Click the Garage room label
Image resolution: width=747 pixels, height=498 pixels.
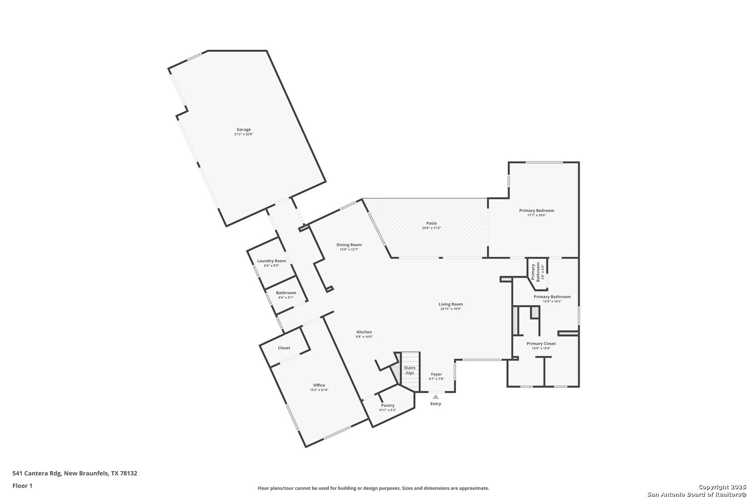click(x=243, y=130)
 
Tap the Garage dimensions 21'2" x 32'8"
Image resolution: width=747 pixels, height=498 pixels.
click(x=243, y=134)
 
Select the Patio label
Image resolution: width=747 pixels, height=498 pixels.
click(x=432, y=223)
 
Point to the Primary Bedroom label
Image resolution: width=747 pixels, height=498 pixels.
click(x=537, y=210)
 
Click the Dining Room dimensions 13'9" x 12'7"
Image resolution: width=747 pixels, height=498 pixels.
click(x=349, y=249)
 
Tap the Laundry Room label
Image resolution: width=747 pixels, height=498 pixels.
click(x=272, y=261)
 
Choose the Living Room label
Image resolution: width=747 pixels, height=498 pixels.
click(x=451, y=304)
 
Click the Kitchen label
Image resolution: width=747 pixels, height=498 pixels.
click(x=364, y=332)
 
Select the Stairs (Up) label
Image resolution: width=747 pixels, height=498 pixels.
click(x=410, y=370)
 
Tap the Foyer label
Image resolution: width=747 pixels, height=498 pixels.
click(x=436, y=374)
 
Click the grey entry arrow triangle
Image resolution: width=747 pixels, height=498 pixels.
click(x=436, y=397)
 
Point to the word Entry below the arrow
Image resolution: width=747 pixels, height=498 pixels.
click(x=436, y=403)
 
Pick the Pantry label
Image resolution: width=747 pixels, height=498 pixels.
click(x=388, y=405)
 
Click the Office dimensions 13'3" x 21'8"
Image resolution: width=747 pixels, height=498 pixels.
click(x=319, y=390)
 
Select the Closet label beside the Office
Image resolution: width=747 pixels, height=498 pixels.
click(x=284, y=348)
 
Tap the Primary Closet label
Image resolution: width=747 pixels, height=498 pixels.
click(x=541, y=344)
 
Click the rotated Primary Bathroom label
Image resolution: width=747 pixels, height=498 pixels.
click(x=535, y=272)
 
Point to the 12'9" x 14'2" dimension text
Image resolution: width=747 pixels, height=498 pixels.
click(x=552, y=302)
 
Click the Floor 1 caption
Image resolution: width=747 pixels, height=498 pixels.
click(x=22, y=486)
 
